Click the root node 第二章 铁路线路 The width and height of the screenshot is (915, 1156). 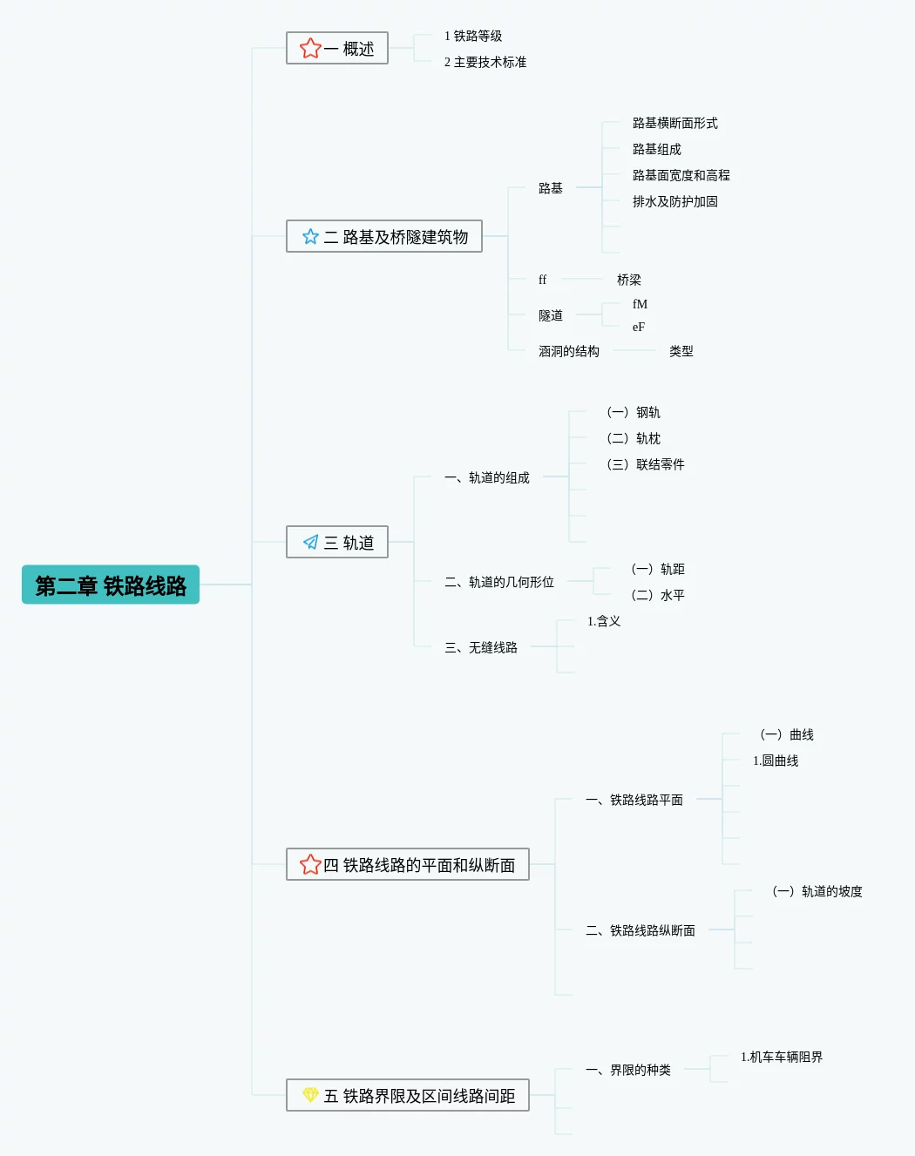[x=111, y=585]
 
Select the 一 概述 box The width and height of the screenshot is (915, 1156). [x=337, y=49]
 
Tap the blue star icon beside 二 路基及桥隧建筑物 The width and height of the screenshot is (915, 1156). [x=310, y=236]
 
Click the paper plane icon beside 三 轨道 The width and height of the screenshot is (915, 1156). [x=310, y=542]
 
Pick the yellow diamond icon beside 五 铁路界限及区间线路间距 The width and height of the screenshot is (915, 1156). [x=310, y=1094]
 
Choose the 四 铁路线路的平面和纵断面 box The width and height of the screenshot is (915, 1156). [x=408, y=864]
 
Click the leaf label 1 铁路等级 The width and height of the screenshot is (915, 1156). [x=473, y=36]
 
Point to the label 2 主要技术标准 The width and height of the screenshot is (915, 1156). [x=485, y=62]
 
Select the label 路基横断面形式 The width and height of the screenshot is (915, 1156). [x=675, y=123]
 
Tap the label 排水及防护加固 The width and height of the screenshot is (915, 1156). [x=675, y=201]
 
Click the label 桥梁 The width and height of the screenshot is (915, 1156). [x=628, y=280]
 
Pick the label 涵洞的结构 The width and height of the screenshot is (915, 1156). [x=568, y=351]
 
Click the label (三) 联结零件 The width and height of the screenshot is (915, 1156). [x=646, y=464]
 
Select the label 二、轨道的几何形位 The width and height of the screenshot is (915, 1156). [x=499, y=582]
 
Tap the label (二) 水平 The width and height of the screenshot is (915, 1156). [x=658, y=595]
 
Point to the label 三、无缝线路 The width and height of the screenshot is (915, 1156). [x=481, y=647]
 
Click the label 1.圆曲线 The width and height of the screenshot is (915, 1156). [x=776, y=761]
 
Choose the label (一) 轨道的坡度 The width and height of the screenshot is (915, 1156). [x=817, y=891]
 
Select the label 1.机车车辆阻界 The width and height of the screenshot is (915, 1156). [x=782, y=1057]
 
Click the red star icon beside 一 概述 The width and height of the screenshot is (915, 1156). [x=310, y=49]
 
